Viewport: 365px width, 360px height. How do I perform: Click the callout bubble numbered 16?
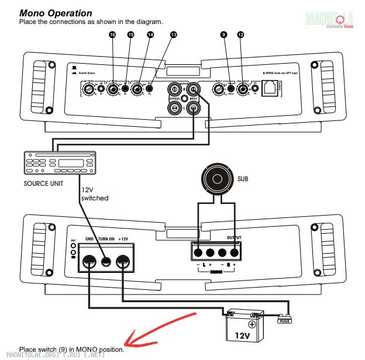point(112,35)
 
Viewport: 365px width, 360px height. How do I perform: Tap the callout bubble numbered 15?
point(130,35)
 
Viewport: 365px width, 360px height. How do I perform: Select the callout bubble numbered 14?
point(150,35)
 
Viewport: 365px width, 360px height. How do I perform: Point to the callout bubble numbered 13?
point(173,35)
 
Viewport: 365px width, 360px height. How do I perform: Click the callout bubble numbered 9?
point(223,35)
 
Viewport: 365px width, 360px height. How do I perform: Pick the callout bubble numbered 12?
point(240,35)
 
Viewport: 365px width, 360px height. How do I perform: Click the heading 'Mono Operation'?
point(56,13)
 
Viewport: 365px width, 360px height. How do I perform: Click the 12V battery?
point(245,326)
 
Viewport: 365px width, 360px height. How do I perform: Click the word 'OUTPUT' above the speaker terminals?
point(233,237)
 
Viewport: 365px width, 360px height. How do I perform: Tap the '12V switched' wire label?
point(94,195)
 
